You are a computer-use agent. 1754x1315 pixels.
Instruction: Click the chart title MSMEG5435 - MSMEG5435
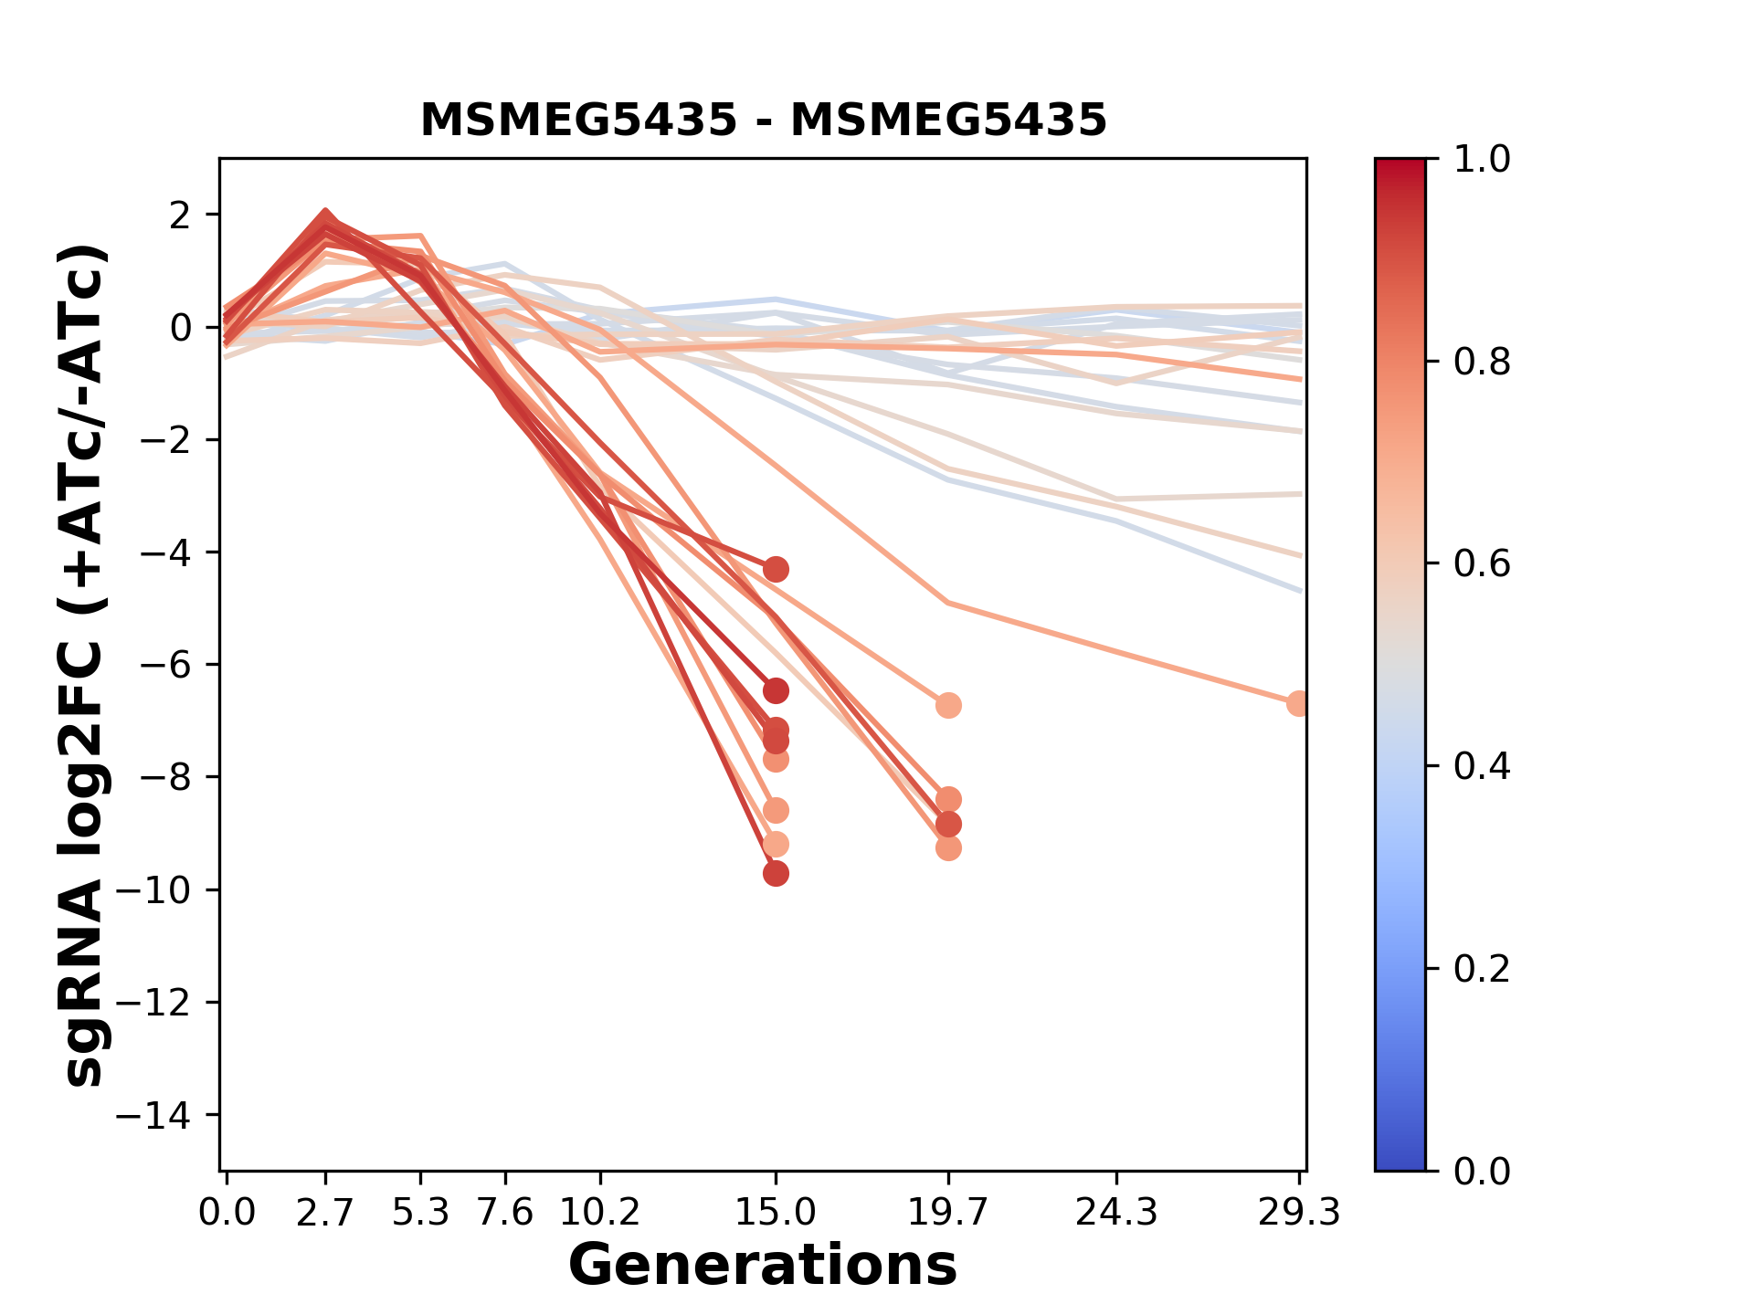tap(763, 121)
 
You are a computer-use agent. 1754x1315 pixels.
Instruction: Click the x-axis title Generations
tap(763, 1266)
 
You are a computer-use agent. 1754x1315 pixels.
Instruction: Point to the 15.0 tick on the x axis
tap(776, 1213)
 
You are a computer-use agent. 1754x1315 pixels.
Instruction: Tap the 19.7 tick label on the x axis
tap(948, 1213)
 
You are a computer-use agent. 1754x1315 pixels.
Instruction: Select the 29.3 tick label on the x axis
tap(1299, 1213)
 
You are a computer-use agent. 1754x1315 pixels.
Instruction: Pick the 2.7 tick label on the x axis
tap(325, 1213)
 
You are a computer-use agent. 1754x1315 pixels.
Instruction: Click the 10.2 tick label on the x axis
tap(599, 1213)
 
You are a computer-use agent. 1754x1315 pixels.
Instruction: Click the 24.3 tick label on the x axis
tap(1115, 1213)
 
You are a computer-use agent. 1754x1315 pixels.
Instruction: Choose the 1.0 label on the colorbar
tap(1482, 160)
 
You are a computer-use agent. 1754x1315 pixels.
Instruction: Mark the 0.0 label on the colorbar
tap(1482, 1171)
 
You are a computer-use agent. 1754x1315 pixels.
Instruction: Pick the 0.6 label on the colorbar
tap(1482, 563)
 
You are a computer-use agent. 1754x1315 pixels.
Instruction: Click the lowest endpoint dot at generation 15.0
tap(776, 874)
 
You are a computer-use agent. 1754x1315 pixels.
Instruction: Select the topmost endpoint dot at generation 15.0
tap(776, 570)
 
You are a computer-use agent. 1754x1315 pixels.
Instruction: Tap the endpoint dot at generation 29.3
tap(1298, 703)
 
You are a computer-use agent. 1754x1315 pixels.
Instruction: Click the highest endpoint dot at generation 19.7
tap(948, 705)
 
